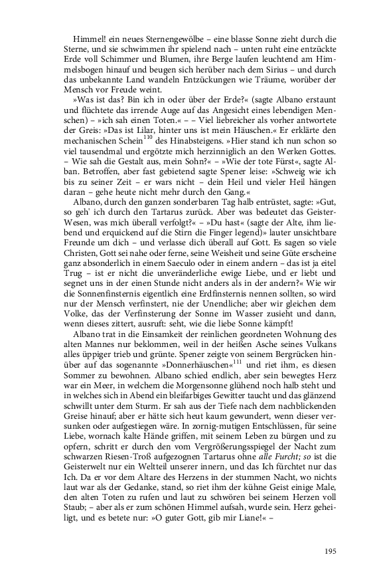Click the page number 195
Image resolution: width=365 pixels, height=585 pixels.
[x=332, y=550]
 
